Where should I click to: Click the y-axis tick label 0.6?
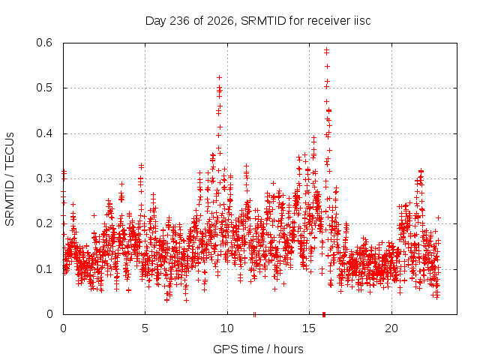click(44, 43)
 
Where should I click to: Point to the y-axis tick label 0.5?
click(44, 88)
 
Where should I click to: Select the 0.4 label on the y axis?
click(44, 133)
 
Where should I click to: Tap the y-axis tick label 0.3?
click(44, 178)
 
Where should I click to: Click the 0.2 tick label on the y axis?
click(44, 223)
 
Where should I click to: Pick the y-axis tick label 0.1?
click(44, 269)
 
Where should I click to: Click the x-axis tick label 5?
click(145, 328)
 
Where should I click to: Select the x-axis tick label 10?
click(227, 328)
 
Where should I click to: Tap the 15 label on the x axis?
click(309, 328)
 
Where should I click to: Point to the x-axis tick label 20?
click(391, 328)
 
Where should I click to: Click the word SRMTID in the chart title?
click(263, 21)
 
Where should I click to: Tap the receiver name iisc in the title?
click(363, 21)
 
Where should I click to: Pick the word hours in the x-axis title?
click(288, 349)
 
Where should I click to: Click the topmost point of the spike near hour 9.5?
click(219, 78)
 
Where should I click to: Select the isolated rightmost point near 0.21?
click(438, 217)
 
